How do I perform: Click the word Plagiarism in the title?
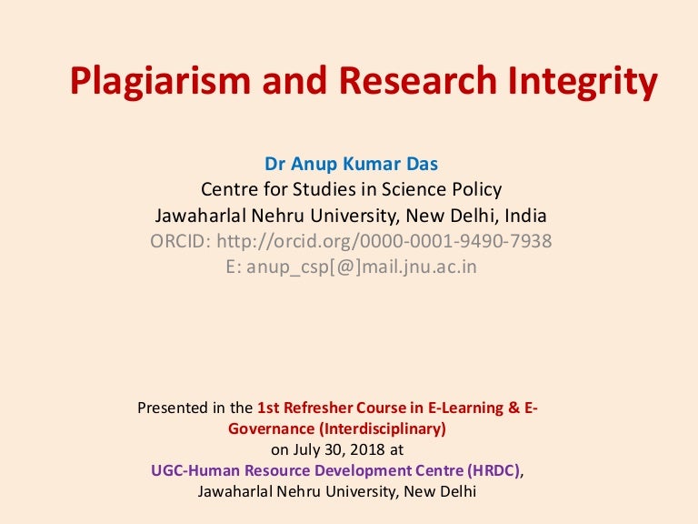(160, 81)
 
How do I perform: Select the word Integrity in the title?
(583, 81)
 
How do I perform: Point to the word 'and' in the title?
(294, 80)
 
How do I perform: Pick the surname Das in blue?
(422, 164)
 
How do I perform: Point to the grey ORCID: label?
(180, 241)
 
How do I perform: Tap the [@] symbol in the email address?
(345, 267)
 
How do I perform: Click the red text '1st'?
(268, 408)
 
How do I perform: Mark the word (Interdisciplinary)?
(383, 429)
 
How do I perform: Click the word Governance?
(272, 428)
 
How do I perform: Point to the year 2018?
(367, 449)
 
